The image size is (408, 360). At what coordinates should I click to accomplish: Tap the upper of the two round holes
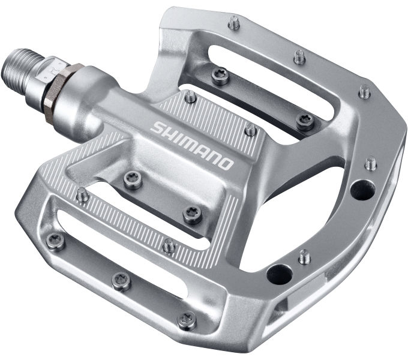point(362,191)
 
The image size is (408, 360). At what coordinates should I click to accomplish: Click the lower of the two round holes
point(278,274)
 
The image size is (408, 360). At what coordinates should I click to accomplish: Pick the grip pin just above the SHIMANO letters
point(190,97)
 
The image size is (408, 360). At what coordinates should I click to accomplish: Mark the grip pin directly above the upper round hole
point(371,163)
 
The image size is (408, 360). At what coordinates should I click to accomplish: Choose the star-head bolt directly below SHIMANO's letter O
point(192,214)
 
